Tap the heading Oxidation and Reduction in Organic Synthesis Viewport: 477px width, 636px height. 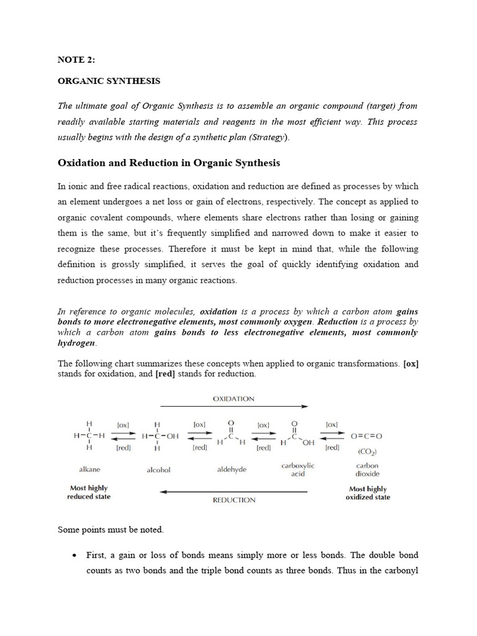[169, 163]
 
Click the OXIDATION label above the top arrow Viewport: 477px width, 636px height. [233, 399]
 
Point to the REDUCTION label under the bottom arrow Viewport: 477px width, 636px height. [234, 499]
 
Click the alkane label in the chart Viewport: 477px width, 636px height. [89, 470]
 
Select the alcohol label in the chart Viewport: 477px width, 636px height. [158, 470]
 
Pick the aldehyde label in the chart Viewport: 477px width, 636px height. [231, 470]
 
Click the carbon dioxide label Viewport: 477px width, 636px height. [368, 470]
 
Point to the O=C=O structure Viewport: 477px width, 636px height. [367, 436]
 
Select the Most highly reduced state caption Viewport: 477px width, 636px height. [89, 493]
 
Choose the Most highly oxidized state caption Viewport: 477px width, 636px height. [368, 493]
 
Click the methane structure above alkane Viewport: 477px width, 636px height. [89, 436]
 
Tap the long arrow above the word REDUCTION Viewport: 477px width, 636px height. [234, 491]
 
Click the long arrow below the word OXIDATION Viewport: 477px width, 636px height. [234, 406]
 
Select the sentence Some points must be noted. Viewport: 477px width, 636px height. [111, 530]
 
